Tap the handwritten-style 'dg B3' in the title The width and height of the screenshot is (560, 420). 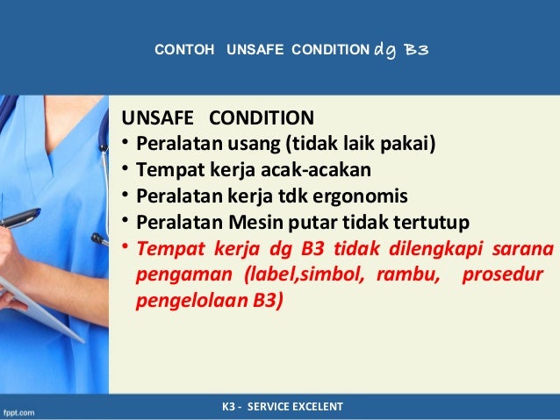click(x=401, y=50)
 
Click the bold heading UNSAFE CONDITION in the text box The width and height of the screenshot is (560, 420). click(x=216, y=117)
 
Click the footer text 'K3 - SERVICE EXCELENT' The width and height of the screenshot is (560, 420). click(x=282, y=407)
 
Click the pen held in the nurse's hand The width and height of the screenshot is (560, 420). click(x=18, y=218)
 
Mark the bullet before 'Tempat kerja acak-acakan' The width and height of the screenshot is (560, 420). click(x=126, y=167)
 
